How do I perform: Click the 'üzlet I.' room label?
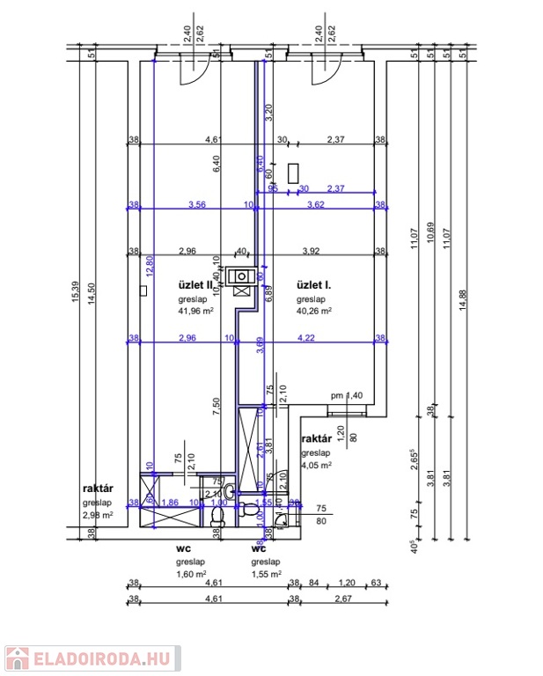[313, 285]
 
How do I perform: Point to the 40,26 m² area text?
[313, 311]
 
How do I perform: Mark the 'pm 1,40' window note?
[346, 396]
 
